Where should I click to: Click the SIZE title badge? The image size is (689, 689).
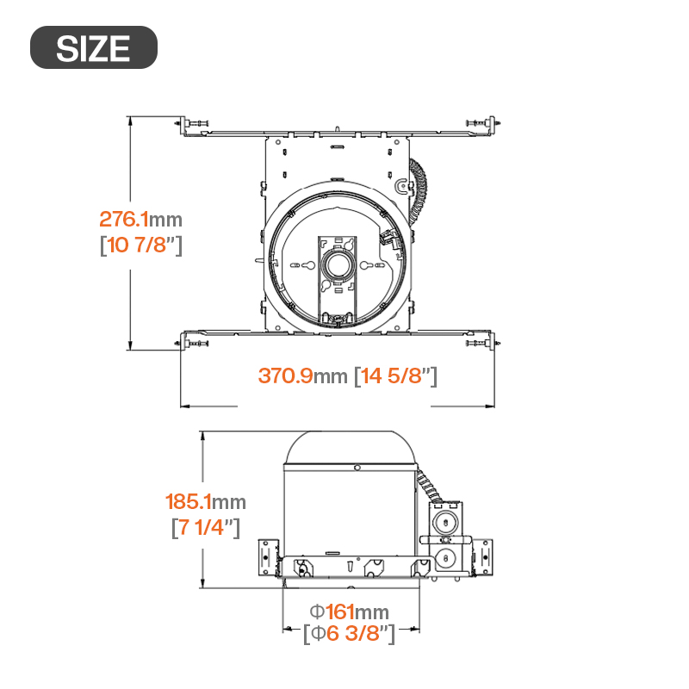[x=94, y=47]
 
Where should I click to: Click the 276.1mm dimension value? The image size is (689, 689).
[x=140, y=220]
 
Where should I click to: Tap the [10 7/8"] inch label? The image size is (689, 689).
[x=141, y=245]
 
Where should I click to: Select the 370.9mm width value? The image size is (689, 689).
[x=302, y=376]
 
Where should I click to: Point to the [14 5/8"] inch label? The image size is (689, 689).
[x=395, y=376]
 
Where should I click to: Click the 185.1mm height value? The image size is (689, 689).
[x=205, y=502]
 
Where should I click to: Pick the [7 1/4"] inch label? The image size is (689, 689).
[x=206, y=527]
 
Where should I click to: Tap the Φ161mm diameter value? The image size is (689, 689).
[x=350, y=611]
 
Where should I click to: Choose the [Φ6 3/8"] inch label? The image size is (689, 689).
[x=350, y=634]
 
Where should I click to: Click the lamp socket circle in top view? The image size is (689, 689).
[x=338, y=265]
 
